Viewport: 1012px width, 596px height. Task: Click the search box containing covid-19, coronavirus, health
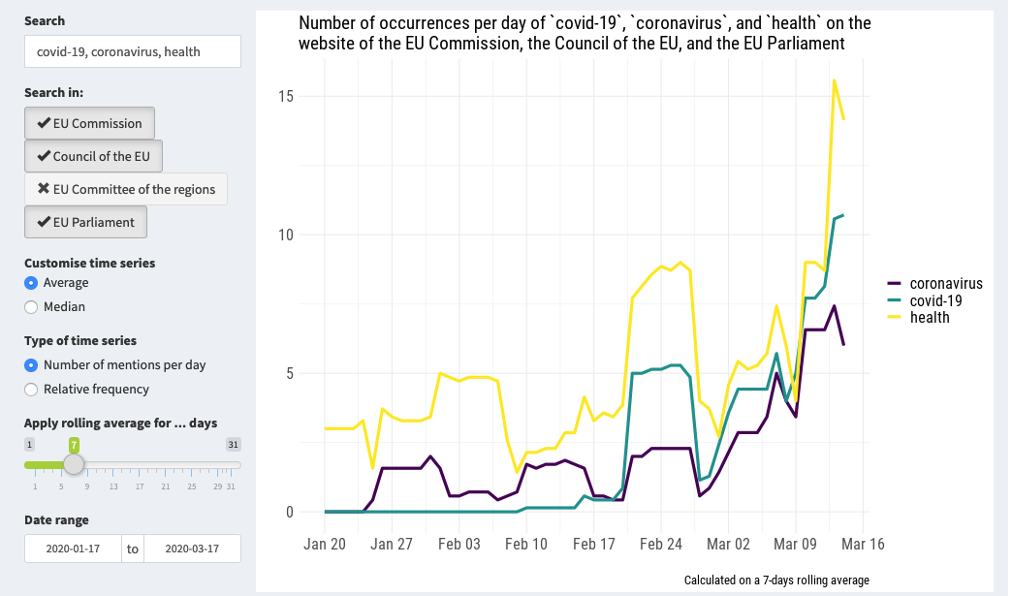(x=132, y=51)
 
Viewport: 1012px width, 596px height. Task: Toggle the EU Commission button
(x=89, y=123)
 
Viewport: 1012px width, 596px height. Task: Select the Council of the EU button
(x=93, y=156)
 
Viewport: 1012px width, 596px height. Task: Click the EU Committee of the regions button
(x=126, y=189)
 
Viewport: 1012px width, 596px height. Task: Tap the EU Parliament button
(x=85, y=222)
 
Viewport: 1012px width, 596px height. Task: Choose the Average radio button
(x=32, y=283)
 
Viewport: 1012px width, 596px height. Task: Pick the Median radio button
(x=32, y=307)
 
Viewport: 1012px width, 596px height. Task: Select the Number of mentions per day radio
(x=32, y=365)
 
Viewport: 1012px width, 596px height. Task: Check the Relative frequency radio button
(x=32, y=390)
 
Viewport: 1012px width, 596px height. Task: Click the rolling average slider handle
(x=74, y=464)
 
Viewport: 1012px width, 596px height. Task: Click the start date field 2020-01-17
(x=73, y=549)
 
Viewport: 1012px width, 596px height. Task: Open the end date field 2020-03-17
(x=191, y=549)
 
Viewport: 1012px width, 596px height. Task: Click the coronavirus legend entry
(x=945, y=284)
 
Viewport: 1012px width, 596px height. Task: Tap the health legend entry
(x=929, y=317)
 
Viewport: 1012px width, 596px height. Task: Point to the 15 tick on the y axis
(x=282, y=96)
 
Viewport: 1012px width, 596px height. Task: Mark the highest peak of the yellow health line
(x=834, y=80)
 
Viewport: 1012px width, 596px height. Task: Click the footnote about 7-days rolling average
(x=776, y=580)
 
